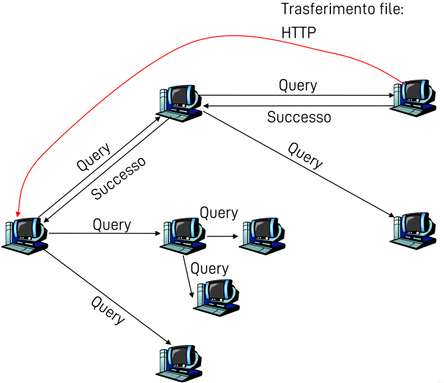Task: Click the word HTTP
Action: [297, 33]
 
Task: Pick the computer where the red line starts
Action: [414, 96]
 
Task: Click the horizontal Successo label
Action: [298, 117]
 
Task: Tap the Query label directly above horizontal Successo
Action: [297, 85]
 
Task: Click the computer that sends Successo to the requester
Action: [179, 103]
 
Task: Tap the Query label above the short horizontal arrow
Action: [219, 213]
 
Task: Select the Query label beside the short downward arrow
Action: [209, 268]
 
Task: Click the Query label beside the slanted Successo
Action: [93, 157]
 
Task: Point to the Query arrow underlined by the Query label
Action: [103, 233]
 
